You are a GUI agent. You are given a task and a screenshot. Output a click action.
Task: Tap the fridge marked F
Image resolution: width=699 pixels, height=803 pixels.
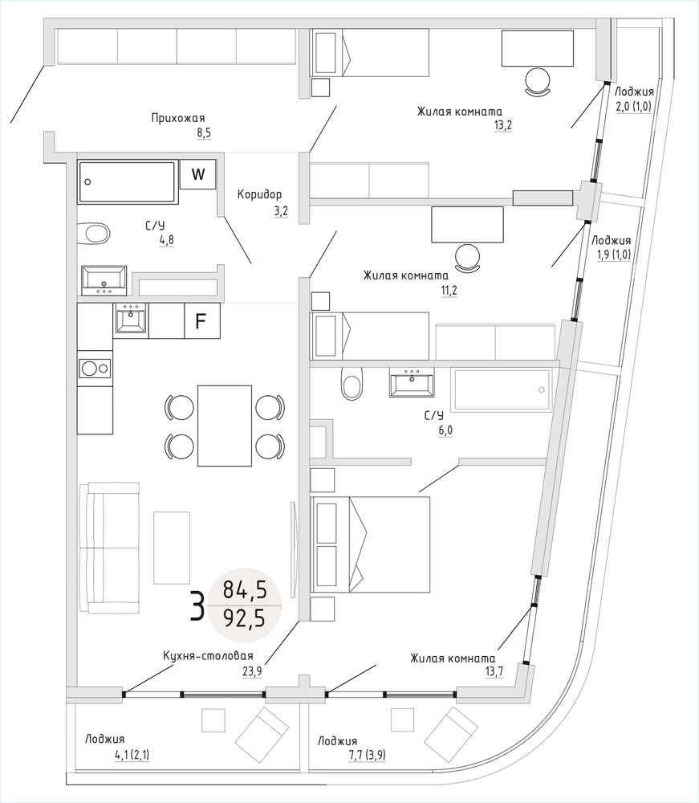[201, 321]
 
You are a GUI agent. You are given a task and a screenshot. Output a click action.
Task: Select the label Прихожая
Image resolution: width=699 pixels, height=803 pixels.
[179, 118]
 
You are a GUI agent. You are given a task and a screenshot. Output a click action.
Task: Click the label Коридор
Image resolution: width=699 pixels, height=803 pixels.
[260, 194]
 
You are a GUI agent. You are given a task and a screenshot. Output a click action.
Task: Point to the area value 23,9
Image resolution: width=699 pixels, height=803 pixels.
[251, 671]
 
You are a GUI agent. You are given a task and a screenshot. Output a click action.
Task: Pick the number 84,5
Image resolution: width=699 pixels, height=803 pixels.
[244, 591]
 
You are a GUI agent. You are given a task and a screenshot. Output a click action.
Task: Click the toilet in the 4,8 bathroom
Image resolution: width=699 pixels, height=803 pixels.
[96, 234]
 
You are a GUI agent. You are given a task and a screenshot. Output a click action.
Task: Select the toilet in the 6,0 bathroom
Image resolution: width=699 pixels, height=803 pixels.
[352, 384]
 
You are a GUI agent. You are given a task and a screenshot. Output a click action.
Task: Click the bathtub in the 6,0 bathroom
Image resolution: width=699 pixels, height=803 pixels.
[502, 390]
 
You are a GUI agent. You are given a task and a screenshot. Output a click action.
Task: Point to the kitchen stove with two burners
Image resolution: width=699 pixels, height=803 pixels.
[95, 369]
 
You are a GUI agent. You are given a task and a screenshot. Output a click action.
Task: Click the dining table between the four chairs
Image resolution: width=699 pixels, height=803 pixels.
[226, 426]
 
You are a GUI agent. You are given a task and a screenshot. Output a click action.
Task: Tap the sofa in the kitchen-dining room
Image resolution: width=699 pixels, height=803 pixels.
[108, 548]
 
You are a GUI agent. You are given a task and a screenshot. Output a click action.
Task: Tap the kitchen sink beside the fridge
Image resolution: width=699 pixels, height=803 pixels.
[131, 320]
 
